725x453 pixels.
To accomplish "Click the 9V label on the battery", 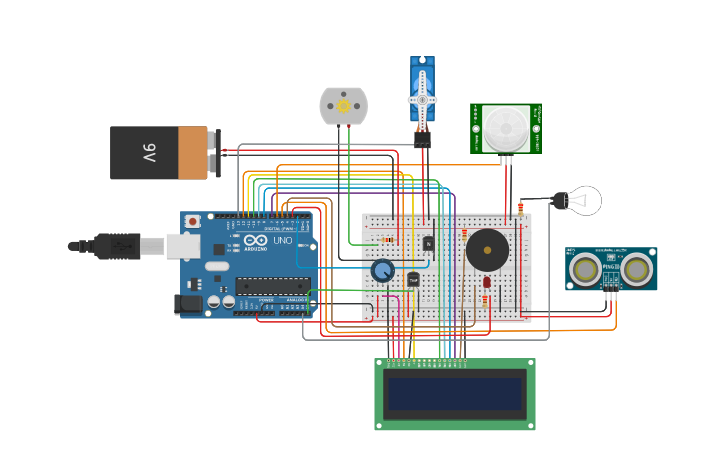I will coord(149,153).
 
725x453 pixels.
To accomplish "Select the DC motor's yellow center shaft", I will coord(343,105).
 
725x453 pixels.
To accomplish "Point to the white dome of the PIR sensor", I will coord(506,128).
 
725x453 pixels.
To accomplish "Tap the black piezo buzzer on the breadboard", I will coord(487,250).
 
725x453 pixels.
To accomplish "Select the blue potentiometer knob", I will coord(382,270).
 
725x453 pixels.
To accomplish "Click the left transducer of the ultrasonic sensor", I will coord(585,268).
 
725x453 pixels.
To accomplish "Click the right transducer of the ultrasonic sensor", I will coord(636,268).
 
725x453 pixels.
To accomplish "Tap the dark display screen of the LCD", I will coord(455,393).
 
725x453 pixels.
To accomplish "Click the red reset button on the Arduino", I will coord(192,221).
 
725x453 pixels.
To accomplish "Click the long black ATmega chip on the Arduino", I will coord(272,286).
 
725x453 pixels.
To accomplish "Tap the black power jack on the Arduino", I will coord(188,304).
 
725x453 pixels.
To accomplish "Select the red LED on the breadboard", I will coord(486,281).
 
